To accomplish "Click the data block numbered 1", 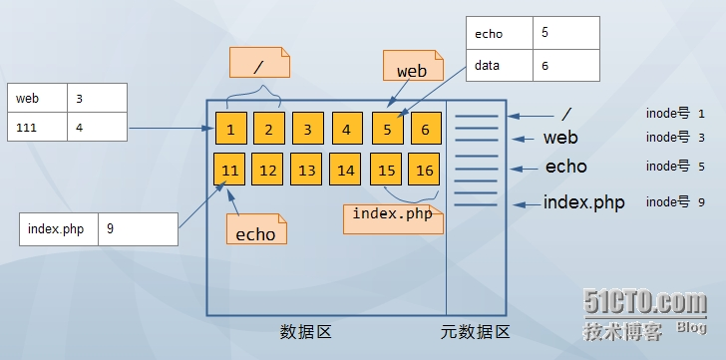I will (x=230, y=129).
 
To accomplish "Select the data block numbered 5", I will (x=387, y=129).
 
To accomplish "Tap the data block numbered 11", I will (x=230, y=170).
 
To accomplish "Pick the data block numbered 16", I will (x=425, y=170).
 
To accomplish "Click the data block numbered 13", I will (x=307, y=170).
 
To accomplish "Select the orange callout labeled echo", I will (x=255, y=232).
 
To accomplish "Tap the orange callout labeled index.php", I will (x=393, y=216).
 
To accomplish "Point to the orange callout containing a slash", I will (x=259, y=66).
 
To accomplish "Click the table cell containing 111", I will (x=37, y=128).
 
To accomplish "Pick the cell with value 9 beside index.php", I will (x=138, y=228).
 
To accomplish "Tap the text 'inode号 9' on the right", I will (x=675, y=201).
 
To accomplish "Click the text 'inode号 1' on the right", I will (x=675, y=115).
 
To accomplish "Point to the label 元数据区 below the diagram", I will (x=476, y=333).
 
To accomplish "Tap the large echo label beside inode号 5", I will (x=565, y=167).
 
